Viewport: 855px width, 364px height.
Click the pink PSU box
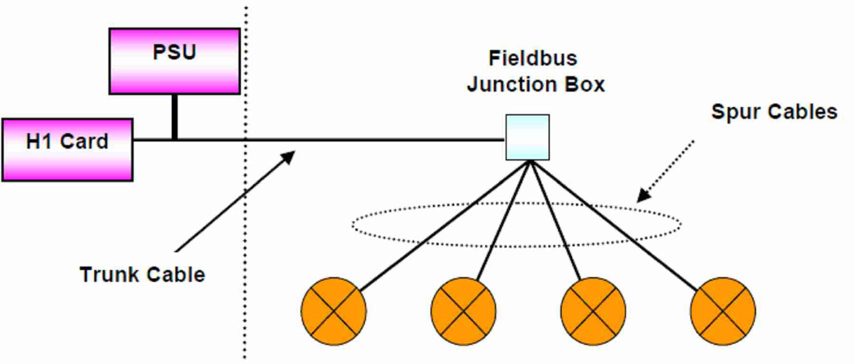coord(174,61)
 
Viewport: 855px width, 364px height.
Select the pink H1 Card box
coord(67,150)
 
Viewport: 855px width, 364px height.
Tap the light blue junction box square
coord(527,137)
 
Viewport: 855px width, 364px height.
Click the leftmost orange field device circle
coord(333,311)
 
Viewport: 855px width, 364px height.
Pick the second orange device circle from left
coord(463,311)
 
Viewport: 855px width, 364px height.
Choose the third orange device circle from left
coord(593,311)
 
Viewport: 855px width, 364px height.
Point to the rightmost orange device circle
coord(723,311)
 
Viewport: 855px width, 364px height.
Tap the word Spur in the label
coord(735,112)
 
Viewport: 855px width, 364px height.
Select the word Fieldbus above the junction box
coord(533,58)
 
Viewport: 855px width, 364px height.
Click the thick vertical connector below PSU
coord(174,117)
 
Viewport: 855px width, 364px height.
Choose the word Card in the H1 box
coord(84,142)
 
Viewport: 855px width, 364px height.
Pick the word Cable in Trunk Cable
coord(176,275)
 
